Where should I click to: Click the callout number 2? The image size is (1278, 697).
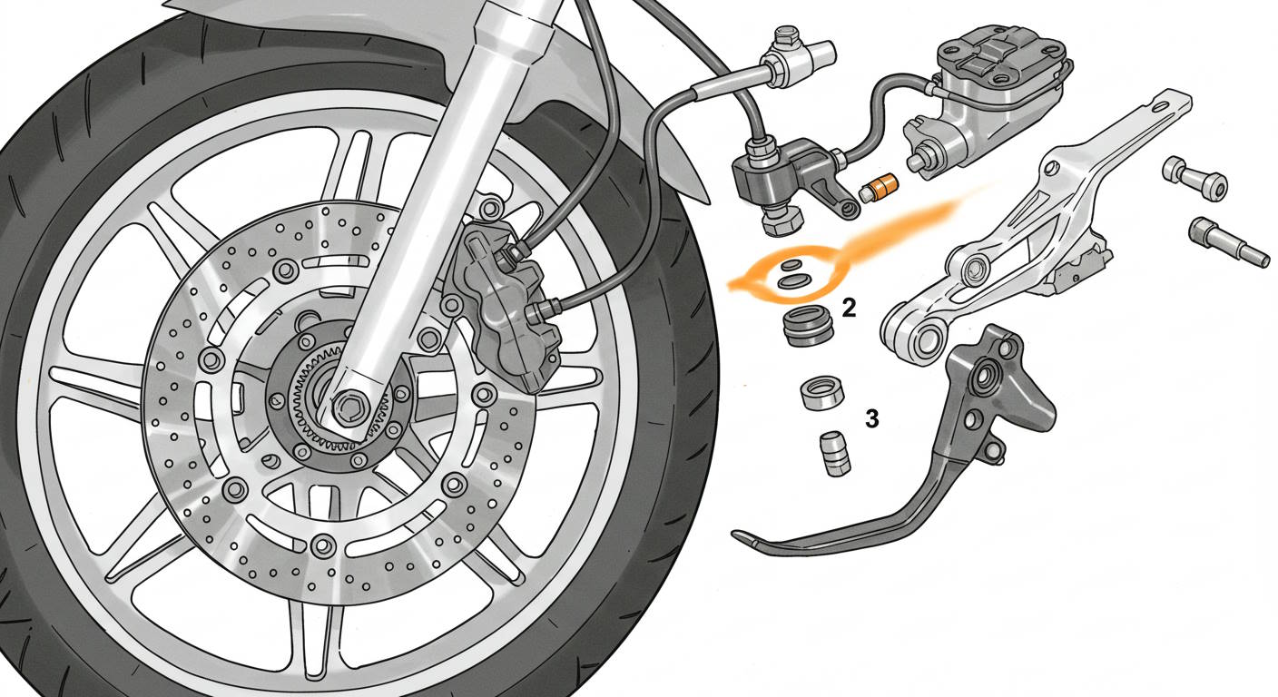coord(849,308)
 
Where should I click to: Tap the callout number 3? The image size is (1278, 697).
coord(871,418)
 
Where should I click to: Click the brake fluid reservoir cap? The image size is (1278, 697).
coord(997,54)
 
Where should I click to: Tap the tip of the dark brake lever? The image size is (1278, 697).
coord(741,535)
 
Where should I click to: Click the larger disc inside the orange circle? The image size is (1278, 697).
coord(793,282)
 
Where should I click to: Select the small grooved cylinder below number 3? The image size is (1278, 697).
coord(835,452)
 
